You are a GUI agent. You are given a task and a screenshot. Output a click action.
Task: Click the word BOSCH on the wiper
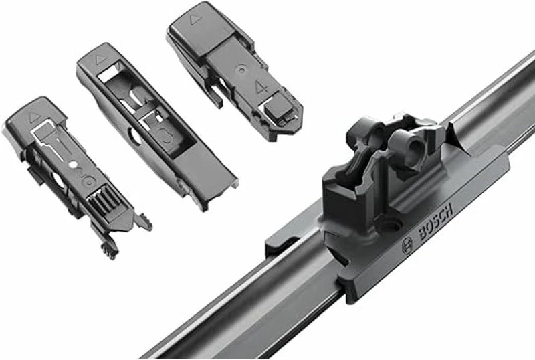[436, 221]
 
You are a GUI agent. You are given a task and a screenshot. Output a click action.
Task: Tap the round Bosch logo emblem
[407, 245]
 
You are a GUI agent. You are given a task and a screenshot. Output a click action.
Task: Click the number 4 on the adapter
[262, 86]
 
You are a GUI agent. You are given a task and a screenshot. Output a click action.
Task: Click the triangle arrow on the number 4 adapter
[196, 20]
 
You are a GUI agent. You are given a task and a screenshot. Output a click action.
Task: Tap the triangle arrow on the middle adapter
[101, 59]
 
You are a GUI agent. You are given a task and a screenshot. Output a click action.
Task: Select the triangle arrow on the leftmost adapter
[35, 118]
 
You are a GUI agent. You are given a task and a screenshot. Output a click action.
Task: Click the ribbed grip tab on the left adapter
[104, 200]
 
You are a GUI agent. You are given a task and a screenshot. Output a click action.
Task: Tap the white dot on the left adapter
[73, 165]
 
